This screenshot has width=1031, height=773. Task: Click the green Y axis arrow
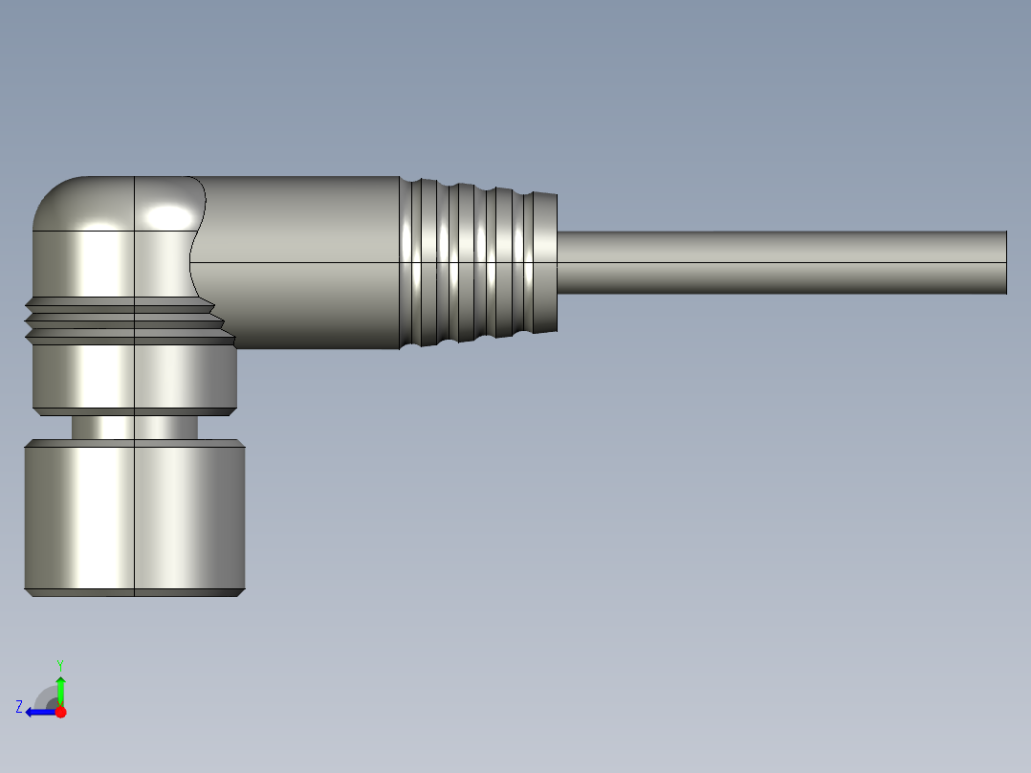[60, 687]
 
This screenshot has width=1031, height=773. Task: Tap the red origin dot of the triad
[60, 712]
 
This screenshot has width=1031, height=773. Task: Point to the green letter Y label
[60, 664]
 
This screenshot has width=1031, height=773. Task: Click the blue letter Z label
[19, 707]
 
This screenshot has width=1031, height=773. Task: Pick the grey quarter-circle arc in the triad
[46, 696]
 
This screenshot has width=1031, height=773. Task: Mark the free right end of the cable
[1004, 262]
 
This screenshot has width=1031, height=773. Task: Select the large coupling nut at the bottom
[134, 517]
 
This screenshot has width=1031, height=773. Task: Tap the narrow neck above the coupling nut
[134, 427]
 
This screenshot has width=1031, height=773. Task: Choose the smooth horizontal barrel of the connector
[296, 262]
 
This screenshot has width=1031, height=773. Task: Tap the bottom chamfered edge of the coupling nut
[134, 592]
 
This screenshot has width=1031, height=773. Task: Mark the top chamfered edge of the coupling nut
[134, 444]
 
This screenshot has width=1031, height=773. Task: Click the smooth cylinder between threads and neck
[134, 375]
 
